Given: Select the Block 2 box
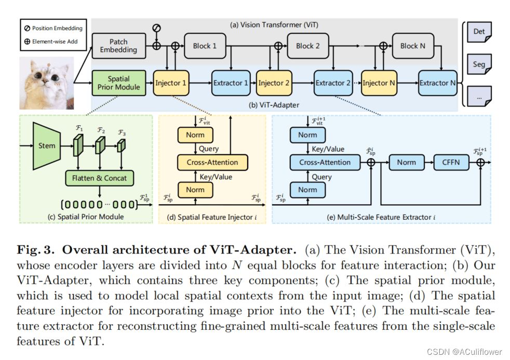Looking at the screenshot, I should coord(308,46).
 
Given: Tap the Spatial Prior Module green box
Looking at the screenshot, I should coord(118,83).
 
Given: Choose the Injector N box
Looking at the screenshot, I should coord(380,83).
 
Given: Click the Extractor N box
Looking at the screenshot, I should coord(437,83).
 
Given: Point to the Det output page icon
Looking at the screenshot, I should coord(479,32).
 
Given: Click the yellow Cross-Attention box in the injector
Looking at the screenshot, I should coord(212,162).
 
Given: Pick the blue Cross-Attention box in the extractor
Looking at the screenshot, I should coord(325,162).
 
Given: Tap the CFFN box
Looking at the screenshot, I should coord(451,162).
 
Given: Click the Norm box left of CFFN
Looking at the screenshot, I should coord(406,162).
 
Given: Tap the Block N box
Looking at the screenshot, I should coord(412,46).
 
